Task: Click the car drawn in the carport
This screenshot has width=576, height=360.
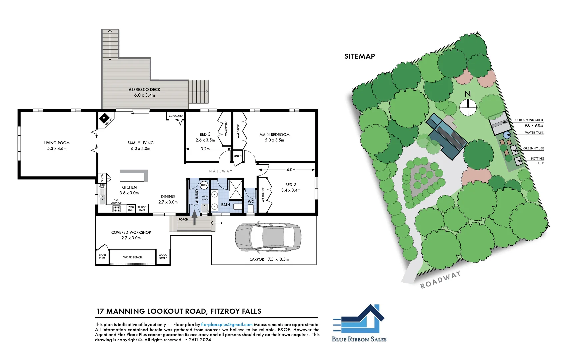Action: coord(268,237)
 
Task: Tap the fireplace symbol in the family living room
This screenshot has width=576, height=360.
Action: coord(104,118)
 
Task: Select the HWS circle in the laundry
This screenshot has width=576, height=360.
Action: coord(204,185)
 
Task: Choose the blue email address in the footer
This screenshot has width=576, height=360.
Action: coord(227,324)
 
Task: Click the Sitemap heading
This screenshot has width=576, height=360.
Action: coord(359,56)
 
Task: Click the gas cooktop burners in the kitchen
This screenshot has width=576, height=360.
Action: coord(116,209)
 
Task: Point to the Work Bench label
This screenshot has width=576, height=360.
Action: coord(132,257)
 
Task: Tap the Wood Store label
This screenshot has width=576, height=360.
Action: coord(163,256)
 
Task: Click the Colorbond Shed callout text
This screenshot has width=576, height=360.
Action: coord(529,120)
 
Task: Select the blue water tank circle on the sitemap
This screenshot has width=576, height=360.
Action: coord(507,135)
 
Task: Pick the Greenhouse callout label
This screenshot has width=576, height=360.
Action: coord(533,148)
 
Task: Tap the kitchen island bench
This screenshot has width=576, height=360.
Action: coord(133,175)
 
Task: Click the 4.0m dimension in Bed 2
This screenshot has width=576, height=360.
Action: coord(291,170)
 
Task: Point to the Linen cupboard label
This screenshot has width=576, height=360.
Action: coord(238,156)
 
